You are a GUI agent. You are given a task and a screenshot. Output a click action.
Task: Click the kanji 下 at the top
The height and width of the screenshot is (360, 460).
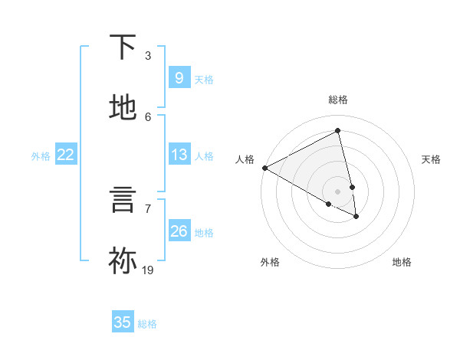pos(123,47)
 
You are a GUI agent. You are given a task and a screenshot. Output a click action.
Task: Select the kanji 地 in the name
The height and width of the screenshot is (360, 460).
pos(123,108)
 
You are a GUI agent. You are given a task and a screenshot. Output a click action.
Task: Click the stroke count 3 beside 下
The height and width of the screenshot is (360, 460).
pos(148,56)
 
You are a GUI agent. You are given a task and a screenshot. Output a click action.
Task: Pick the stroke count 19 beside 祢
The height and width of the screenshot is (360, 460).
pos(148,270)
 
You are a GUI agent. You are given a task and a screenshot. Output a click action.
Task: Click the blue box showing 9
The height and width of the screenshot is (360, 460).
pos(179,78)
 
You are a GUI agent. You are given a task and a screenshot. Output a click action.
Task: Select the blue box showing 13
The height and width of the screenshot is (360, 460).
pos(179,155)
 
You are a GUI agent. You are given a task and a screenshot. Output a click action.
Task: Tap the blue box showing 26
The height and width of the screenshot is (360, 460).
pos(179,231)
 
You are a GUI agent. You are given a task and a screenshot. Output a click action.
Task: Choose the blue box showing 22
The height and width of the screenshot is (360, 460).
pos(66,155)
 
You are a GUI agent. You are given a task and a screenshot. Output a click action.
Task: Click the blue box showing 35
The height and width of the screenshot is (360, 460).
pos(123,322)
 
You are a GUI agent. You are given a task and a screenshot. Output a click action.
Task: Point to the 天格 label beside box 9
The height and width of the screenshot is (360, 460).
pos(204,79)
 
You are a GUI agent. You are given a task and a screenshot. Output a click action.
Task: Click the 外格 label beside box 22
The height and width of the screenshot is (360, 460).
pos(41,156)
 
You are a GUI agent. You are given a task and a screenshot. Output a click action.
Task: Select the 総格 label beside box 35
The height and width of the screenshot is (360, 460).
pos(147,324)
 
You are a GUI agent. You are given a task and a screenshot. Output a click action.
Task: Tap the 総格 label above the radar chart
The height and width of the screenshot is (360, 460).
pos(338,100)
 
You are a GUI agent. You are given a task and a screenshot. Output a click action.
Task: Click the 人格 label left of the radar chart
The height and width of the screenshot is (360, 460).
pos(245,159)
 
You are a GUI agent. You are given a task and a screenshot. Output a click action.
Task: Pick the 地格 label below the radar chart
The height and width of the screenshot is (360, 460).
pos(402,262)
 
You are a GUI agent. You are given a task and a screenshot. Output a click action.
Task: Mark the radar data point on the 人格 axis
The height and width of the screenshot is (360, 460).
pos(264,168)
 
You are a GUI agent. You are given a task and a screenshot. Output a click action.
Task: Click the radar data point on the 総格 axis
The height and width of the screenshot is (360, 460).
pos(338,131)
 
